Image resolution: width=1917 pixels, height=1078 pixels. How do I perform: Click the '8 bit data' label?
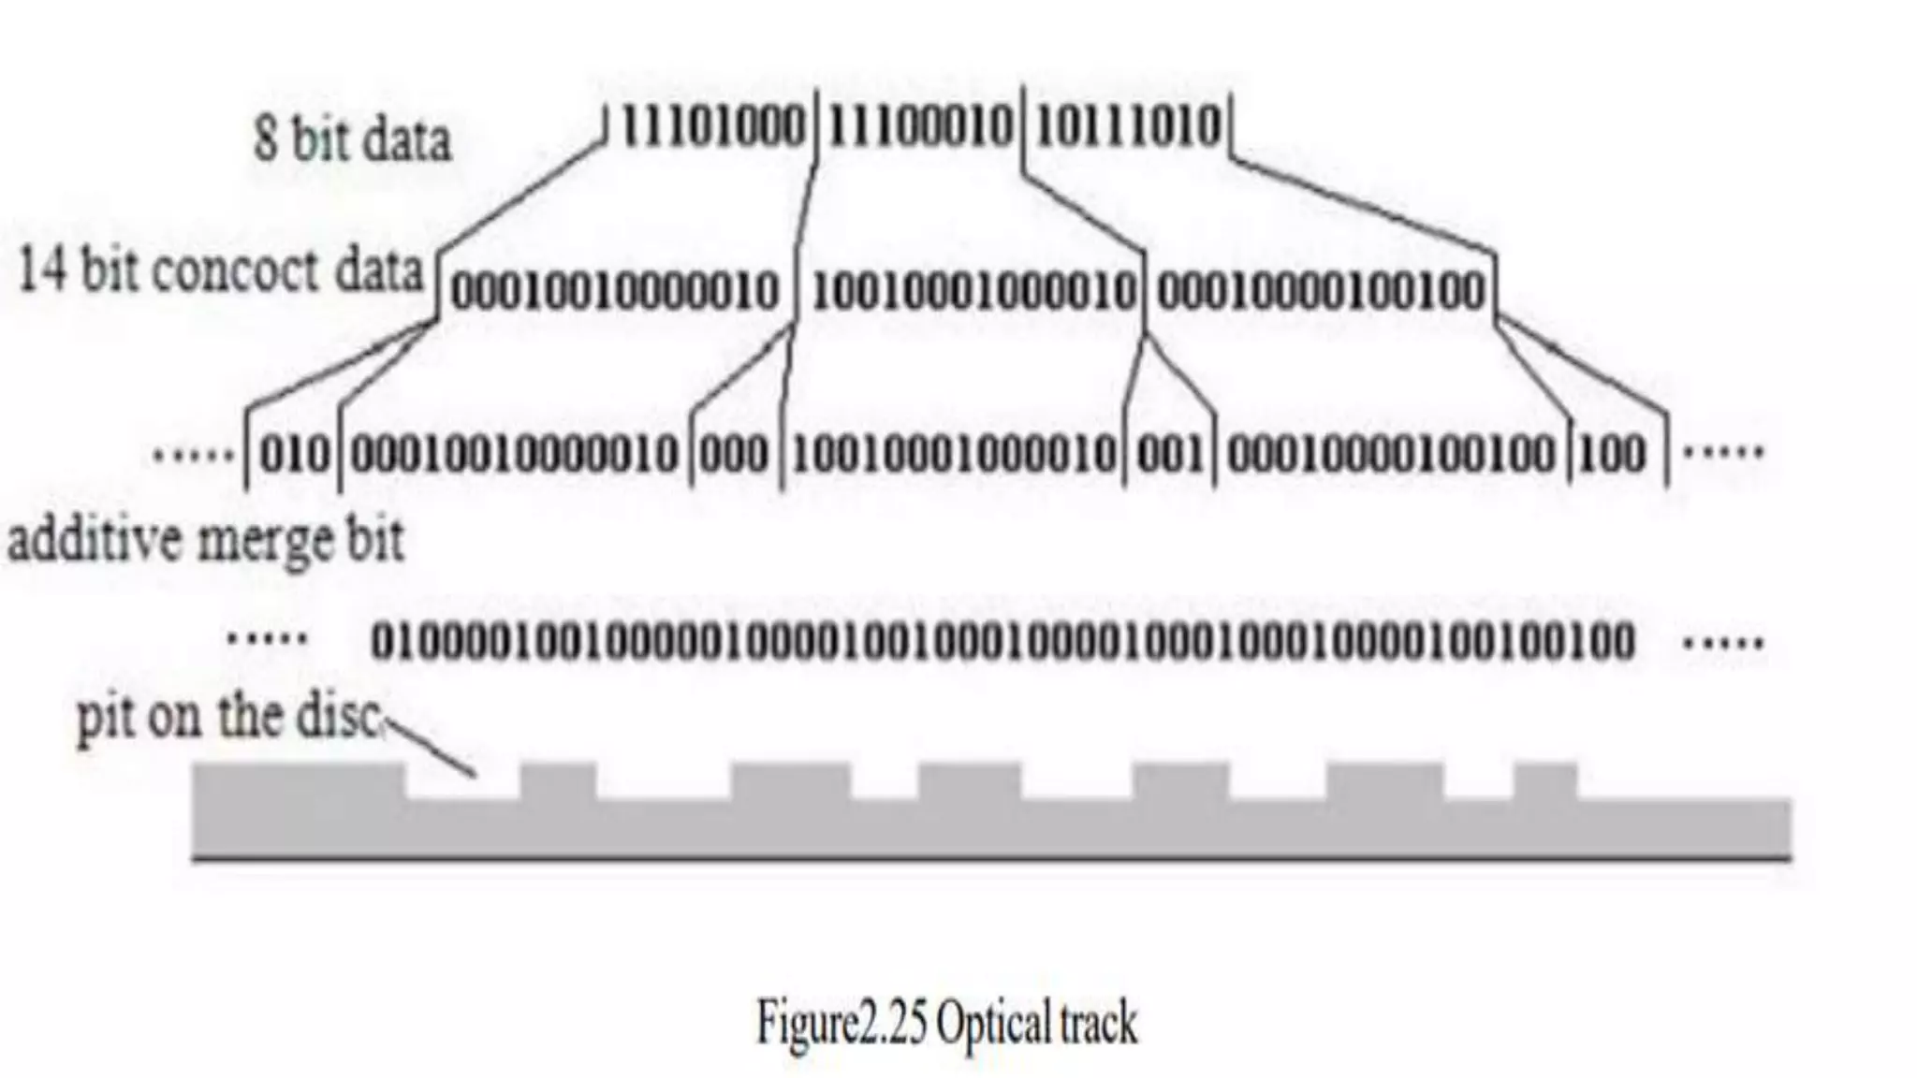tap(352, 139)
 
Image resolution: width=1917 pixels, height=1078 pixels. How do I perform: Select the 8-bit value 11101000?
tap(712, 126)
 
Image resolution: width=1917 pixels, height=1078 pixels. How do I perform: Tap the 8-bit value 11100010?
tap(920, 126)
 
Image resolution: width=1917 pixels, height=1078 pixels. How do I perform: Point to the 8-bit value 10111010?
tap(1128, 126)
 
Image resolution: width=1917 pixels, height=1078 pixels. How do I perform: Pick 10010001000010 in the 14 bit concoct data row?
tap(973, 291)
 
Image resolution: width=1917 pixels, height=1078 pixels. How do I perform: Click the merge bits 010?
tap(294, 455)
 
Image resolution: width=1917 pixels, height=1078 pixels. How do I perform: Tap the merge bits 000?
tap(734, 455)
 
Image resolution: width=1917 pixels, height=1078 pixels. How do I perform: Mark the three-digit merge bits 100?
tap(1612, 455)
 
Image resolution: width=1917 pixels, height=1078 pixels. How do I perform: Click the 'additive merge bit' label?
tap(206, 541)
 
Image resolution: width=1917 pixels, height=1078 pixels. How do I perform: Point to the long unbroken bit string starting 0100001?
tap(1002, 642)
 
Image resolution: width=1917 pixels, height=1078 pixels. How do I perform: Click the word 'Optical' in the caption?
tap(992, 1023)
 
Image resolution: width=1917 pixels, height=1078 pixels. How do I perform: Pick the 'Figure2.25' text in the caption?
tap(841, 1023)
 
